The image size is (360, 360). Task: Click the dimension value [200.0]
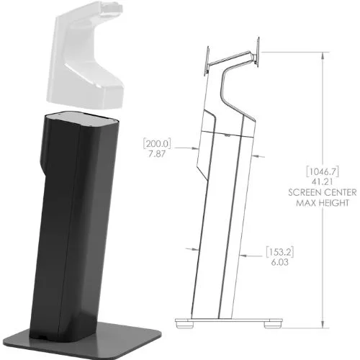pos(157,144)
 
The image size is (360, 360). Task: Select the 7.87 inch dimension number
pos(157,154)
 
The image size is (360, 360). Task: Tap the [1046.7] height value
pos(323,171)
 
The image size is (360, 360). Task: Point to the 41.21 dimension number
pos(323,182)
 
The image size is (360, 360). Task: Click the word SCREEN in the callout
pos(305,192)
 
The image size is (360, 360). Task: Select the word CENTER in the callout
pos(340,192)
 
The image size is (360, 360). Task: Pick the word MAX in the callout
pos(305,203)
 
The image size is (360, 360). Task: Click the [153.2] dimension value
pos(280,252)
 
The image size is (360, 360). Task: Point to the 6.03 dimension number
pos(279,262)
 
